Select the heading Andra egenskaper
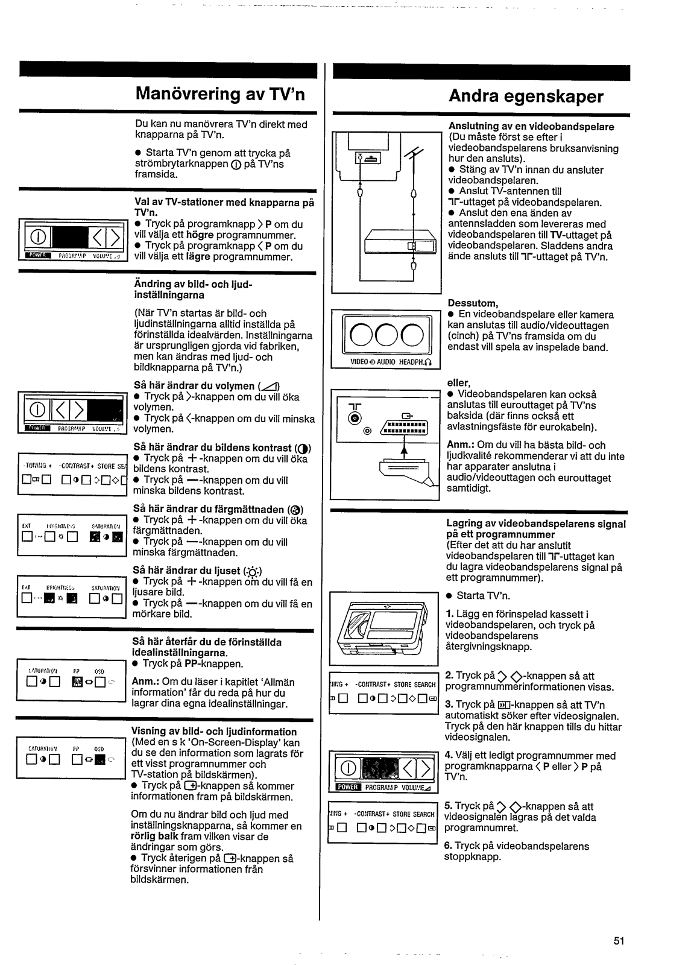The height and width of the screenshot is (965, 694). [526, 96]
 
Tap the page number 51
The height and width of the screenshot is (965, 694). [619, 940]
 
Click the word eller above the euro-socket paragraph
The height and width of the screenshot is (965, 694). [458, 382]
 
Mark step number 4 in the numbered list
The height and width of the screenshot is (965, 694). [448, 756]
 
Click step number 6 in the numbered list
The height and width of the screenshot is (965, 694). [448, 846]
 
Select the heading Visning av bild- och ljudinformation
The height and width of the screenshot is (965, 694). [214, 732]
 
